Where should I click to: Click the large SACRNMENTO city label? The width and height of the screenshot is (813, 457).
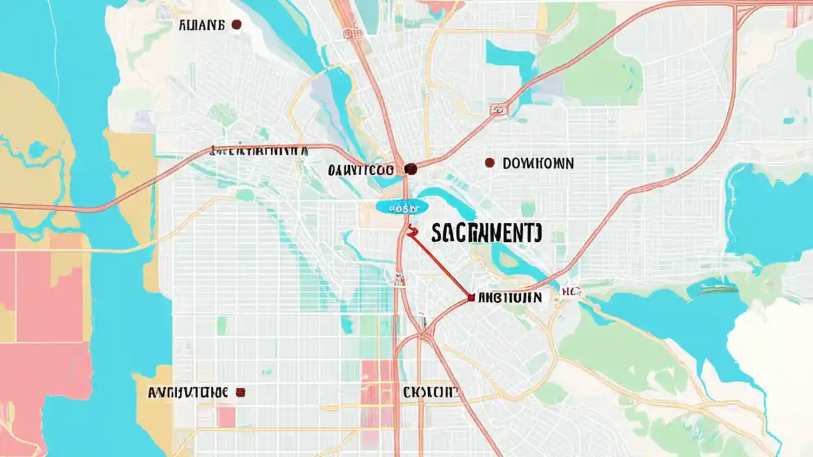[x=487, y=234]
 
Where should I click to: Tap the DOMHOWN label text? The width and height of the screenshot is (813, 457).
[x=537, y=164]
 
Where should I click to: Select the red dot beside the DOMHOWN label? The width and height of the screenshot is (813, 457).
[x=489, y=163]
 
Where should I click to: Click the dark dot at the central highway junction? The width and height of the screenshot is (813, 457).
[x=410, y=169]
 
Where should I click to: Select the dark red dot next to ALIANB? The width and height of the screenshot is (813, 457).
[x=236, y=25]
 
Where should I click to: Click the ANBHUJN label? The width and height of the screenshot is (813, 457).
[x=510, y=297]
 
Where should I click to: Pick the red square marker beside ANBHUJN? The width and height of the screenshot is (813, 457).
[x=470, y=296]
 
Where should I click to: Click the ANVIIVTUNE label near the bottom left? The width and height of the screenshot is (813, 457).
[x=187, y=392]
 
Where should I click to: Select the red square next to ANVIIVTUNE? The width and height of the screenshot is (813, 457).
[x=240, y=392]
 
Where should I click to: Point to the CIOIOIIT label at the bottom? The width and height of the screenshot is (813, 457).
[x=430, y=392]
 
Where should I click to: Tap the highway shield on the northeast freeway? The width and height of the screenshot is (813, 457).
[x=499, y=110]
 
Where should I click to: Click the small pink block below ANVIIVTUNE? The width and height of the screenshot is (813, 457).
[x=226, y=416]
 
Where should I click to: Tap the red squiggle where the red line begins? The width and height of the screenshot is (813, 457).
[x=412, y=232]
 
